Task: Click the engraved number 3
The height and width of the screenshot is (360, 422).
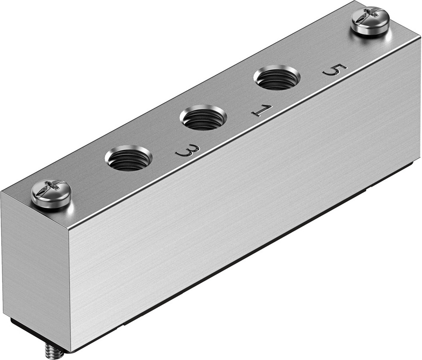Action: coord(187,151)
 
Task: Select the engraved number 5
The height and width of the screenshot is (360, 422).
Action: coord(335,70)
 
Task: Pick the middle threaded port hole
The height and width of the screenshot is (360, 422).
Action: coord(203,119)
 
